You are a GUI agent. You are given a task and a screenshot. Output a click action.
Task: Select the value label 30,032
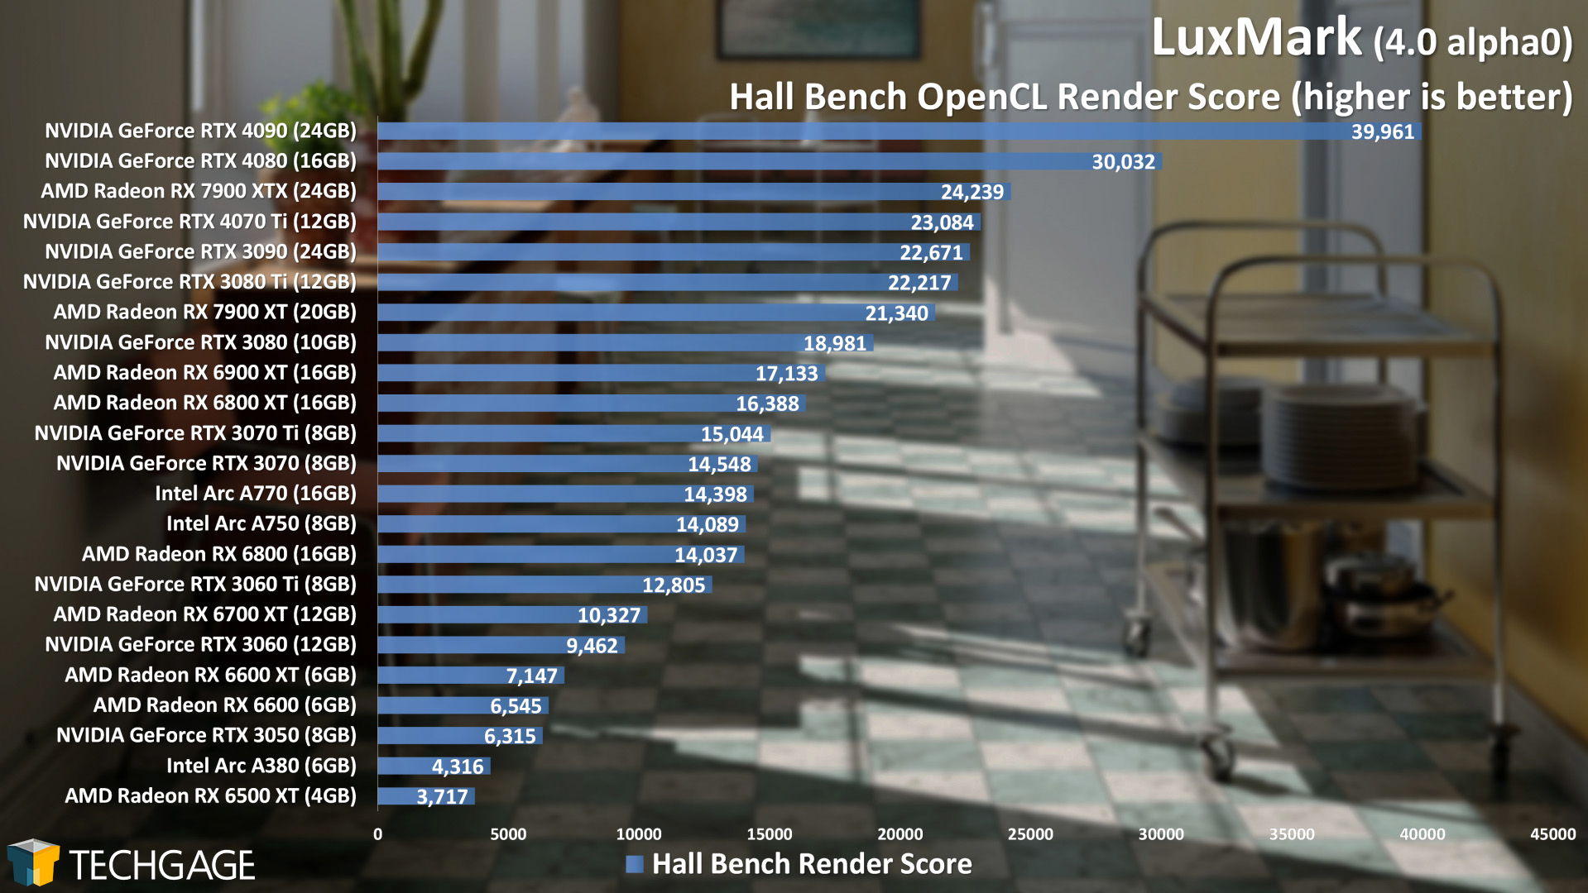(x=1123, y=162)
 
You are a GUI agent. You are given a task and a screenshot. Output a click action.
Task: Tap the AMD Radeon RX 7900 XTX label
(x=199, y=191)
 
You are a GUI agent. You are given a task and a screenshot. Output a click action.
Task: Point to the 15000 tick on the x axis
(x=769, y=834)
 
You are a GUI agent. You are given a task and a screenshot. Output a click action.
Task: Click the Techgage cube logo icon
(x=33, y=862)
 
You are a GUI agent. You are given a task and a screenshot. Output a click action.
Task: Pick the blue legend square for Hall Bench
(x=635, y=864)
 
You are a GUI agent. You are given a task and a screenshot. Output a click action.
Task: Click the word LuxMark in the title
(x=1255, y=38)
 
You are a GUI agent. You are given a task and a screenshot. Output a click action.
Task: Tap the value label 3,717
(x=442, y=797)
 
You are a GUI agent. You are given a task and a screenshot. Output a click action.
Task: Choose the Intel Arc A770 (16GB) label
(x=256, y=494)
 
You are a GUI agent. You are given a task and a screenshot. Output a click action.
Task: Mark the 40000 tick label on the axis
(x=1422, y=834)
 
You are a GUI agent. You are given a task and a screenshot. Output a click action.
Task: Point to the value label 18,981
(x=834, y=343)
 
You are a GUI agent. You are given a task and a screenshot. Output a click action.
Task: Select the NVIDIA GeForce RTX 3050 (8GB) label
(x=206, y=735)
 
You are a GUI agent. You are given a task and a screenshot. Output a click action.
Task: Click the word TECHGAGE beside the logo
(x=162, y=866)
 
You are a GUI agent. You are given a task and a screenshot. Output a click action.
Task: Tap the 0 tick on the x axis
(x=378, y=834)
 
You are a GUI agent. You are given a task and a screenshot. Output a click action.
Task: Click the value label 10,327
(x=609, y=615)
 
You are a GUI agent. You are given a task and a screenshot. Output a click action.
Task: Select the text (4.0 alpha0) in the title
(x=1473, y=41)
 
